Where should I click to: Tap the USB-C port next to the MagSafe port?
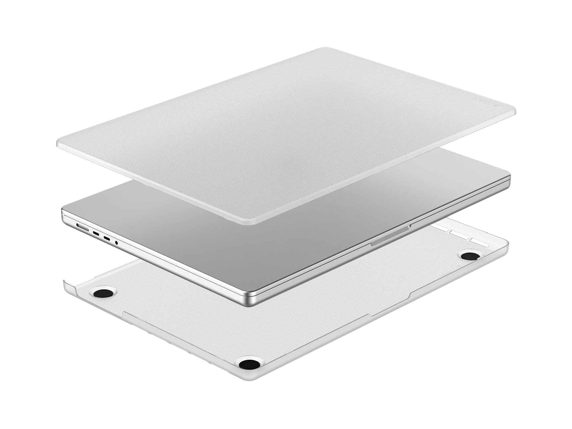tap(96, 233)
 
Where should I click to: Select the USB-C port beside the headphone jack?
tap(107, 238)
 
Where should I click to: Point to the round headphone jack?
tap(116, 243)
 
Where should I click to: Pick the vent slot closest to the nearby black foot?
tap(479, 243)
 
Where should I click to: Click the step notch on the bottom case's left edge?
tap(124, 312)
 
